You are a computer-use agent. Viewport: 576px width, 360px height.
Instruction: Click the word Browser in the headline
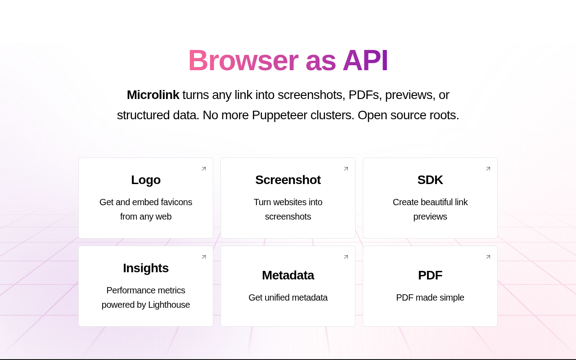click(x=243, y=60)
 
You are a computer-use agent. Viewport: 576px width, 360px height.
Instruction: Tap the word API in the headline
click(x=365, y=60)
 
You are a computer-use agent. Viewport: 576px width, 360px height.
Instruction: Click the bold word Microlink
click(x=153, y=95)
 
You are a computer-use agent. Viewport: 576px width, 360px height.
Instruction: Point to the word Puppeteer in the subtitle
click(x=279, y=115)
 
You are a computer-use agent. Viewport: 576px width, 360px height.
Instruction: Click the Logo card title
click(x=146, y=180)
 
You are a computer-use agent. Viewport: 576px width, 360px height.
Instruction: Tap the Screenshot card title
click(x=288, y=180)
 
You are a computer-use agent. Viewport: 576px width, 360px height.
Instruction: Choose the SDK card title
click(x=430, y=180)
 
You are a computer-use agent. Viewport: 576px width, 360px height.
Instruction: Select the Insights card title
click(x=146, y=268)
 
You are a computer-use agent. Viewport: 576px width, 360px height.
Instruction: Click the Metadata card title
click(x=288, y=275)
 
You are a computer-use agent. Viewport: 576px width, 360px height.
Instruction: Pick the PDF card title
click(x=430, y=275)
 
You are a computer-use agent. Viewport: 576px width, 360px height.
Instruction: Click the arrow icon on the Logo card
click(x=204, y=169)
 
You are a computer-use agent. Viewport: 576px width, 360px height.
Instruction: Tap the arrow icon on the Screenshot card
click(x=346, y=169)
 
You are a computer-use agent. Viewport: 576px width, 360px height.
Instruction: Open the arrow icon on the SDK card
click(x=488, y=169)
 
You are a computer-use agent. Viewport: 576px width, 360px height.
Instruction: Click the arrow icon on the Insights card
click(x=204, y=257)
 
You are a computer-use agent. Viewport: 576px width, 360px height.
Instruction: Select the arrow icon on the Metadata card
click(x=346, y=257)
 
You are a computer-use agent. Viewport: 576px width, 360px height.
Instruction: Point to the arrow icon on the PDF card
click(x=488, y=257)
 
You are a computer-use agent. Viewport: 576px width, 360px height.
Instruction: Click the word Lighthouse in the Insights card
click(x=169, y=305)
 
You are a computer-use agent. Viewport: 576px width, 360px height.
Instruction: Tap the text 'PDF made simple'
click(x=430, y=297)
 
